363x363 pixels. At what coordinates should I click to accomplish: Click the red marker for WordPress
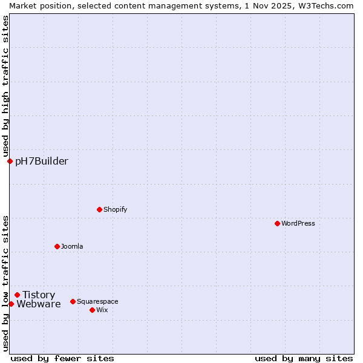(277, 223)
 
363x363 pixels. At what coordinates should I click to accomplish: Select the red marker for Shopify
(99, 209)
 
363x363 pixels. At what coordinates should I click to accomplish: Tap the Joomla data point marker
(57, 246)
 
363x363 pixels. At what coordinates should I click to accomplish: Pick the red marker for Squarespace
(73, 301)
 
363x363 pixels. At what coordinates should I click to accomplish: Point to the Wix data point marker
(92, 310)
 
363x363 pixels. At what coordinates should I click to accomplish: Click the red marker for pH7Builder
(10, 161)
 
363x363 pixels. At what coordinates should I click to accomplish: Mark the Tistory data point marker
(17, 295)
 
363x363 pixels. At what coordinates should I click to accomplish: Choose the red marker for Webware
(11, 304)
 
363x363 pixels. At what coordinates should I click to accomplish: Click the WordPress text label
(298, 223)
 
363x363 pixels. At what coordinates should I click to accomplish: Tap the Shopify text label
(116, 209)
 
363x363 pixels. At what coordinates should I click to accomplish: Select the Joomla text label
(72, 246)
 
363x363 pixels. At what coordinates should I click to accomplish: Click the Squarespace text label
(97, 301)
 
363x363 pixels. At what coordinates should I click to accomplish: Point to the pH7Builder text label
(42, 161)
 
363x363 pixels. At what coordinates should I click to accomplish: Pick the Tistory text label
(39, 295)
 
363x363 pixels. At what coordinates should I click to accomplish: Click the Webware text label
(39, 304)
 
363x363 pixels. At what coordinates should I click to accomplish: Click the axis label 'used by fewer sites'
(62, 358)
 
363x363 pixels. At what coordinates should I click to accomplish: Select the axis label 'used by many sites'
(304, 358)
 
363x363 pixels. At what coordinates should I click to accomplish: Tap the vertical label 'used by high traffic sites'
(5, 86)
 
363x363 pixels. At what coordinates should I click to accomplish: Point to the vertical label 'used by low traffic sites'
(5, 283)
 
